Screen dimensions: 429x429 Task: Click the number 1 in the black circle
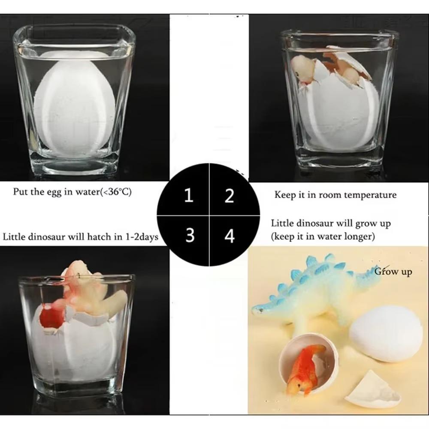tap(188, 196)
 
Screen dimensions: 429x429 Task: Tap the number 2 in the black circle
tap(230, 196)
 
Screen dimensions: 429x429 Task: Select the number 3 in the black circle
tap(190, 235)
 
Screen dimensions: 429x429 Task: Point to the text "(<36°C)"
tap(115, 191)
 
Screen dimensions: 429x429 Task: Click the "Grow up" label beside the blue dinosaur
tap(393, 272)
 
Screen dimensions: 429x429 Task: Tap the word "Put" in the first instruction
tap(20, 191)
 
